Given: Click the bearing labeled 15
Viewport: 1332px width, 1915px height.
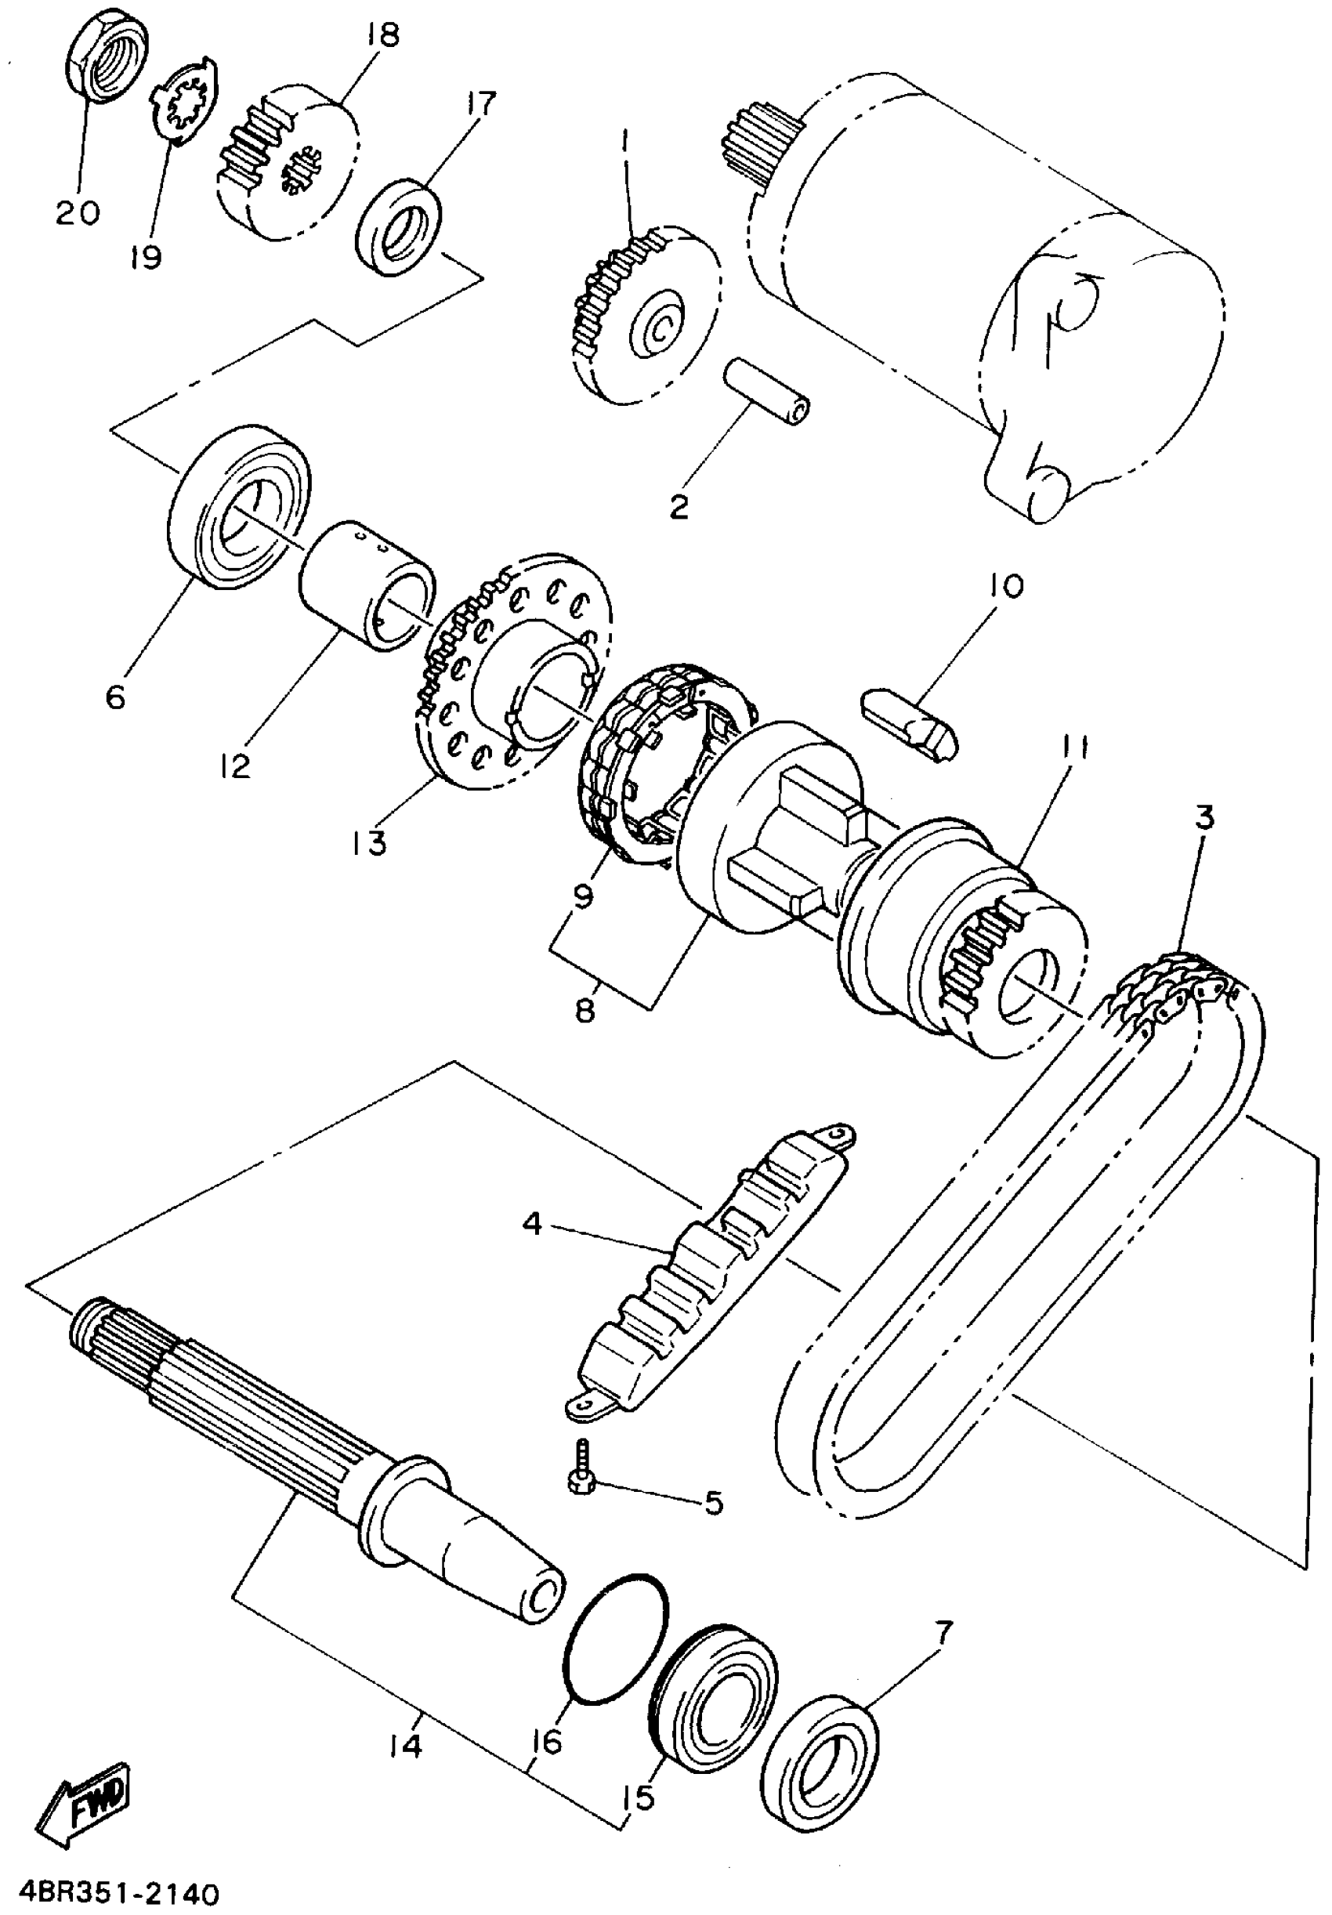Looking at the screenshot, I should (x=713, y=1694).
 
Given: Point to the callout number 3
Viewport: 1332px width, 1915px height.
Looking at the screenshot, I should (x=1204, y=816).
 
